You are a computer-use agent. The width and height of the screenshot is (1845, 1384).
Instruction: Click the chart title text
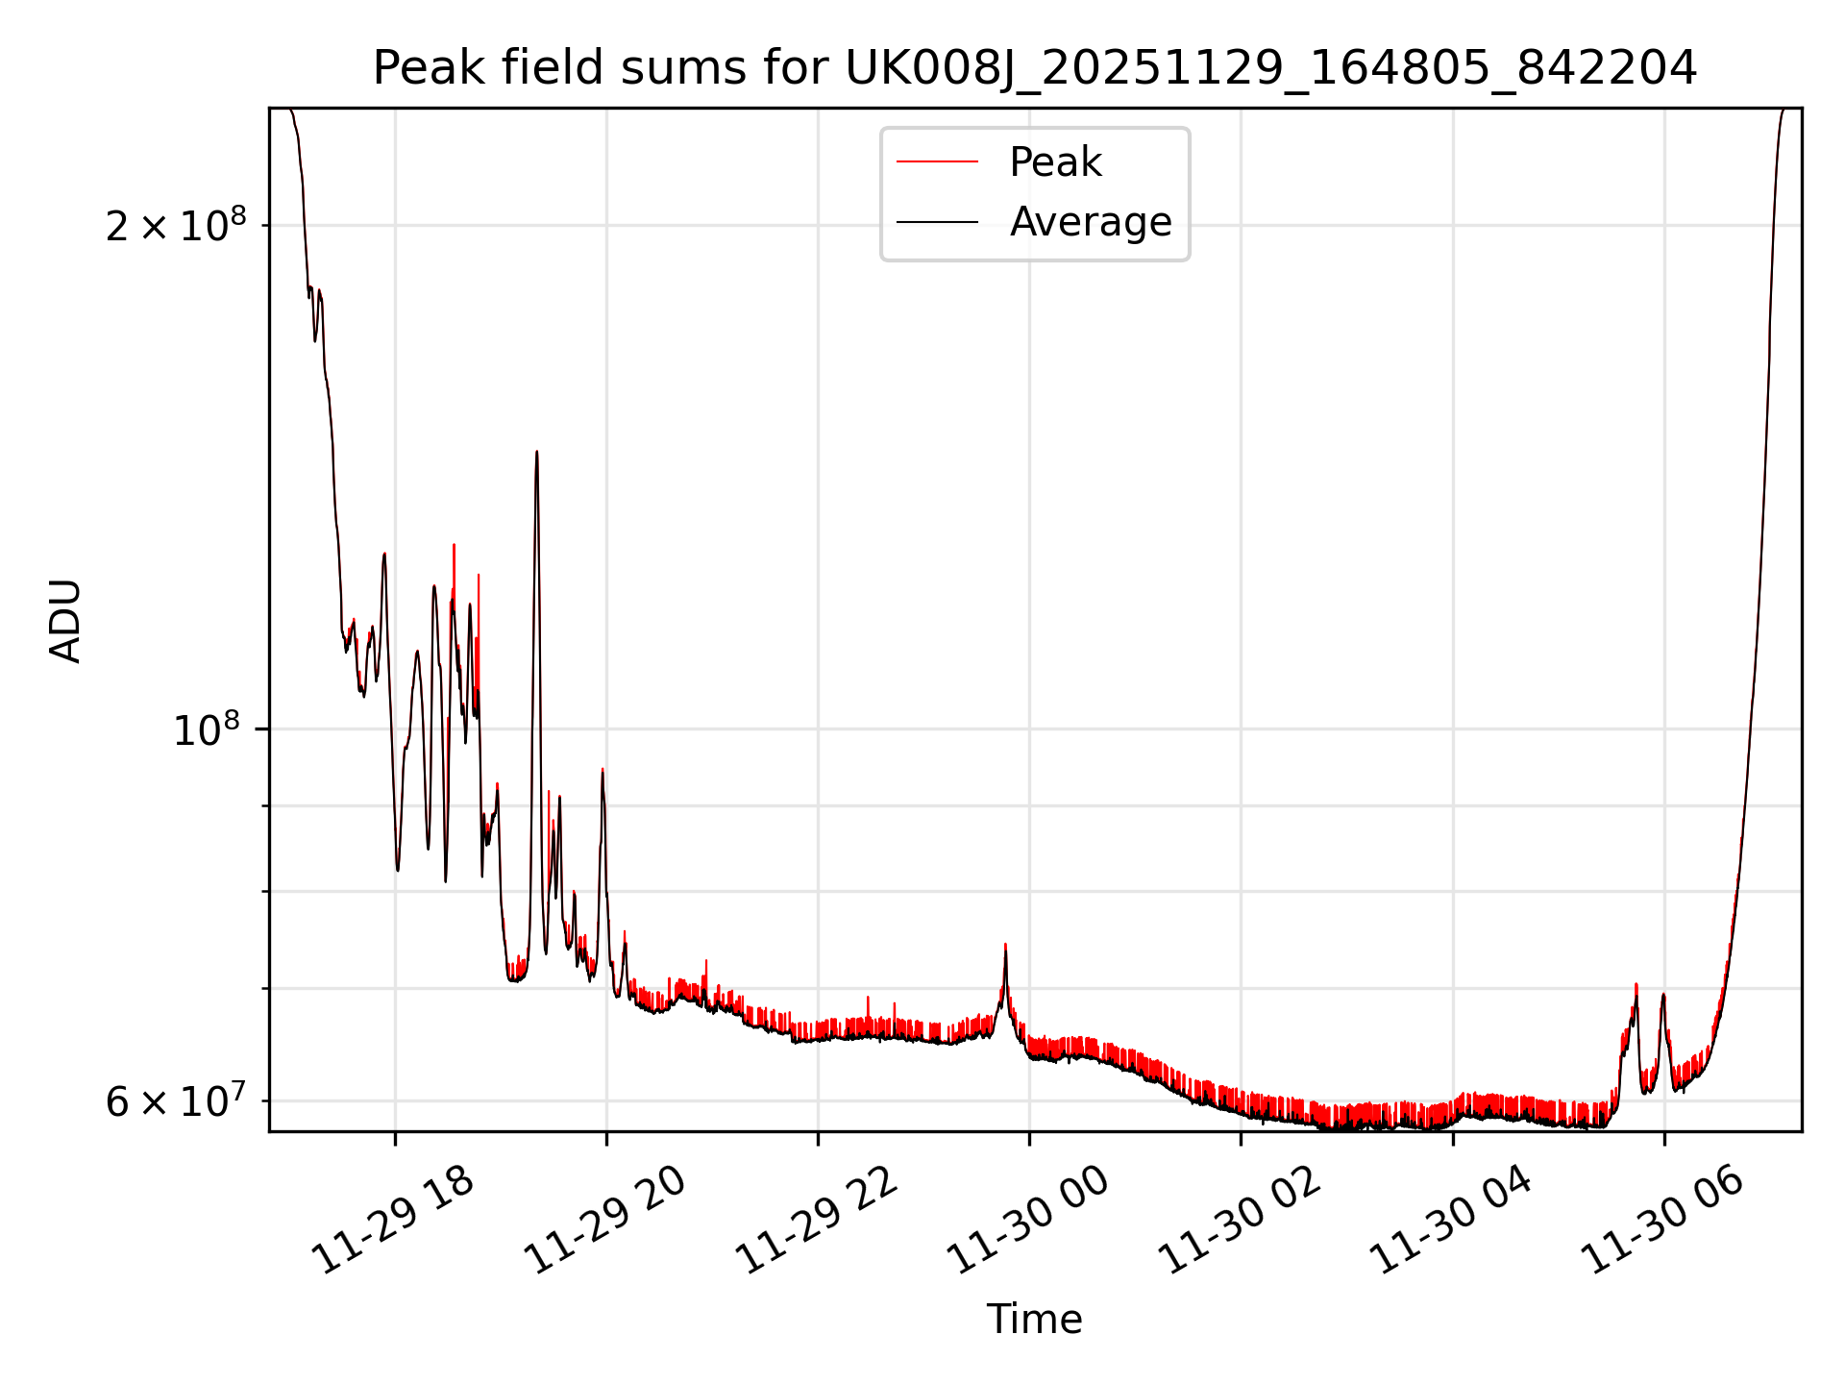coord(1034,68)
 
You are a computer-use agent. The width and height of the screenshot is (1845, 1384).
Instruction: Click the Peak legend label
coord(1055,162)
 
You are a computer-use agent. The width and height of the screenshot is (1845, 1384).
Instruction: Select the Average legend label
coord(1091,222)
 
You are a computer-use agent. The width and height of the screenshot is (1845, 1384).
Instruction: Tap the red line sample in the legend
coord(937,162)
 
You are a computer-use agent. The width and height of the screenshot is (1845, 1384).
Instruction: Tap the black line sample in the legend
coord(937,222)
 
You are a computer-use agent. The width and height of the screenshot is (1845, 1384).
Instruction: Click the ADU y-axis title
coord(66,620)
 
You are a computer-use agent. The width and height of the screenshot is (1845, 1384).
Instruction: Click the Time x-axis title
coord(1034,1320)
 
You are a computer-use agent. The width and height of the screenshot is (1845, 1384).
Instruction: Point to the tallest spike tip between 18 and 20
coord(537,452)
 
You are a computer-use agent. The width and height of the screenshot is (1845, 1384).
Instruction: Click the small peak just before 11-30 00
coord(1005,946)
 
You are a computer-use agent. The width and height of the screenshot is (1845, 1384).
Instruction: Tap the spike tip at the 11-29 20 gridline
coord(603,770)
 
